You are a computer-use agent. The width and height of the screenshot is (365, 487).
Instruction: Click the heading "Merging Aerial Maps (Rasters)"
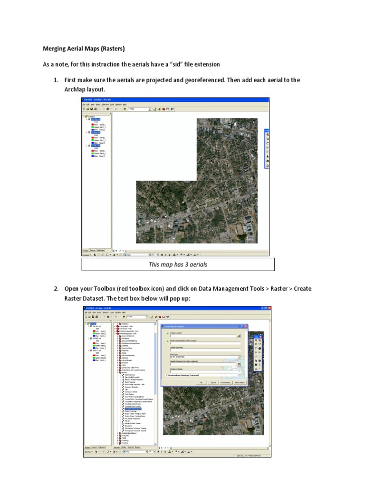coord(84,49)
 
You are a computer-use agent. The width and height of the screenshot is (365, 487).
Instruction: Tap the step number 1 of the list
coord(56,80)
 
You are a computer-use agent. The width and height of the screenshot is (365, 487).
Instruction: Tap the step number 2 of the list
coord(56,289)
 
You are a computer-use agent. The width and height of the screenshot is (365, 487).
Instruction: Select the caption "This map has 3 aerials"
coord(178,264)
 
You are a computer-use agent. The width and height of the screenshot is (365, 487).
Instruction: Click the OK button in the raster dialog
coord(202,382)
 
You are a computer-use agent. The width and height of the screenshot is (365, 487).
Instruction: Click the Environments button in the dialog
coord(225,382)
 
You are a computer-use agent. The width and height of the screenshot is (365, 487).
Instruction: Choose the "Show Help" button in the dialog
coord(240,382)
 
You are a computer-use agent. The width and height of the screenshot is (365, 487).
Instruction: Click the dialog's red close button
coord(246,326)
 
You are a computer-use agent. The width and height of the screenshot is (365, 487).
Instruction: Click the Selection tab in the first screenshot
coord(101,250)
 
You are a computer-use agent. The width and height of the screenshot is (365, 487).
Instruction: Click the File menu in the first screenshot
coord(84,104)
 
